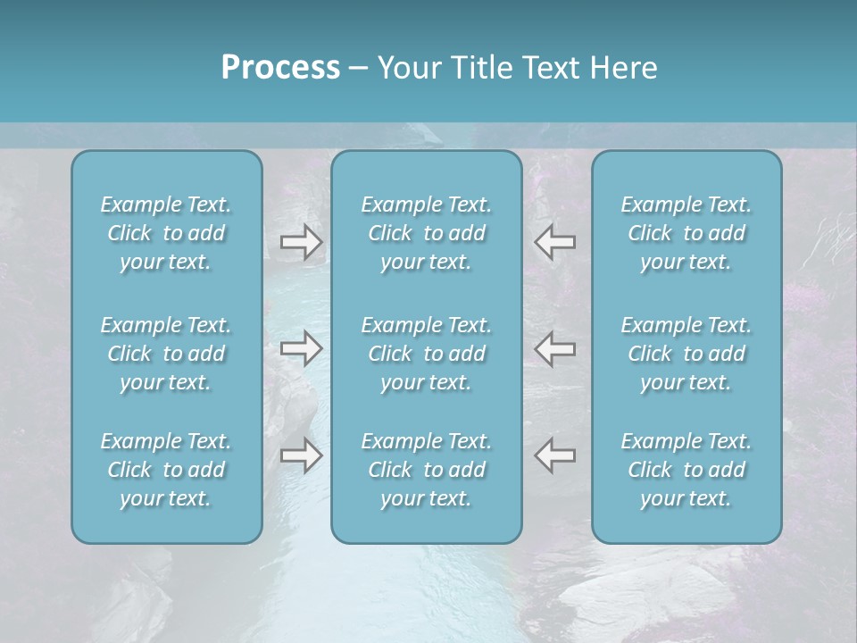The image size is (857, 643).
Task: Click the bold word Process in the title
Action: pos(280,68)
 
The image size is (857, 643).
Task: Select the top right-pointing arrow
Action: pos(301,242)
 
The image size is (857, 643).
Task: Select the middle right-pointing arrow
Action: pos(301,348)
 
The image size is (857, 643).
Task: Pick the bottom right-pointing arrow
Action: pos(301,455)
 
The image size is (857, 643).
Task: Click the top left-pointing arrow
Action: pos(554,242)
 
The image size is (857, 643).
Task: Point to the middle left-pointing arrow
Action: pos(554,348)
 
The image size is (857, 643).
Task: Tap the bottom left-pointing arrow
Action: pos(554,455)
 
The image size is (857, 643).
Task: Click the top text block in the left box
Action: pos(166,233)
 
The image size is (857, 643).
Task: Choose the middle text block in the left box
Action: pos(166,354)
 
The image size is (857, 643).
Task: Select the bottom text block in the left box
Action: pos(166,470)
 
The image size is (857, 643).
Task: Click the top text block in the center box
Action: pos(426,233)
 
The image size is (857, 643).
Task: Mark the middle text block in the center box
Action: pos(426,354)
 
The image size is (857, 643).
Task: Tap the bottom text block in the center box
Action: pos(426,470)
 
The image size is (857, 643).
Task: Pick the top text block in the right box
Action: pos(686,233)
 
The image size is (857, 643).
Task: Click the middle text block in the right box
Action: pos(686,354)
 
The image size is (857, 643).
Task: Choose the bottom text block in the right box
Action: pos(686,470)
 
